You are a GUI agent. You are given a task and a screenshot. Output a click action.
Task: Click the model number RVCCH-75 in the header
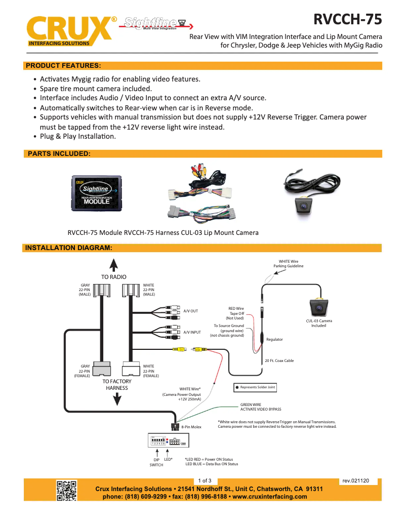347,19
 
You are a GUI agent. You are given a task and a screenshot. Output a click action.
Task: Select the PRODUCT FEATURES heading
63,66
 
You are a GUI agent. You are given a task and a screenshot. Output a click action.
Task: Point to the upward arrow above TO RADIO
114,266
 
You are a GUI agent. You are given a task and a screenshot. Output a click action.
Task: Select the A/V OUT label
191,311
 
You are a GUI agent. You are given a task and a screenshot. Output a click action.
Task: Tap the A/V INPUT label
192,332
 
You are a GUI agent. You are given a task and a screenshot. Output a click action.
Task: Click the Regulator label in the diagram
274,339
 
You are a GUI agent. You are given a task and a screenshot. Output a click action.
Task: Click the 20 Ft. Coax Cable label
279,360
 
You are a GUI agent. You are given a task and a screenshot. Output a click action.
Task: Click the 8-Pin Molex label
191,427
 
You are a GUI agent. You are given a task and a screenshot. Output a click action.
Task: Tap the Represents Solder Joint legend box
255,387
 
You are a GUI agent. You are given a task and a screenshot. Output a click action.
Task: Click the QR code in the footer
66,490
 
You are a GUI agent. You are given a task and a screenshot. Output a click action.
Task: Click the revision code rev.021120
356,480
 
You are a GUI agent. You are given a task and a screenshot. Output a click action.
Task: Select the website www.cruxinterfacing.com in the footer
269,497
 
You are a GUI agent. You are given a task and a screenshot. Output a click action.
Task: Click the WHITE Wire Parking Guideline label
289,263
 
